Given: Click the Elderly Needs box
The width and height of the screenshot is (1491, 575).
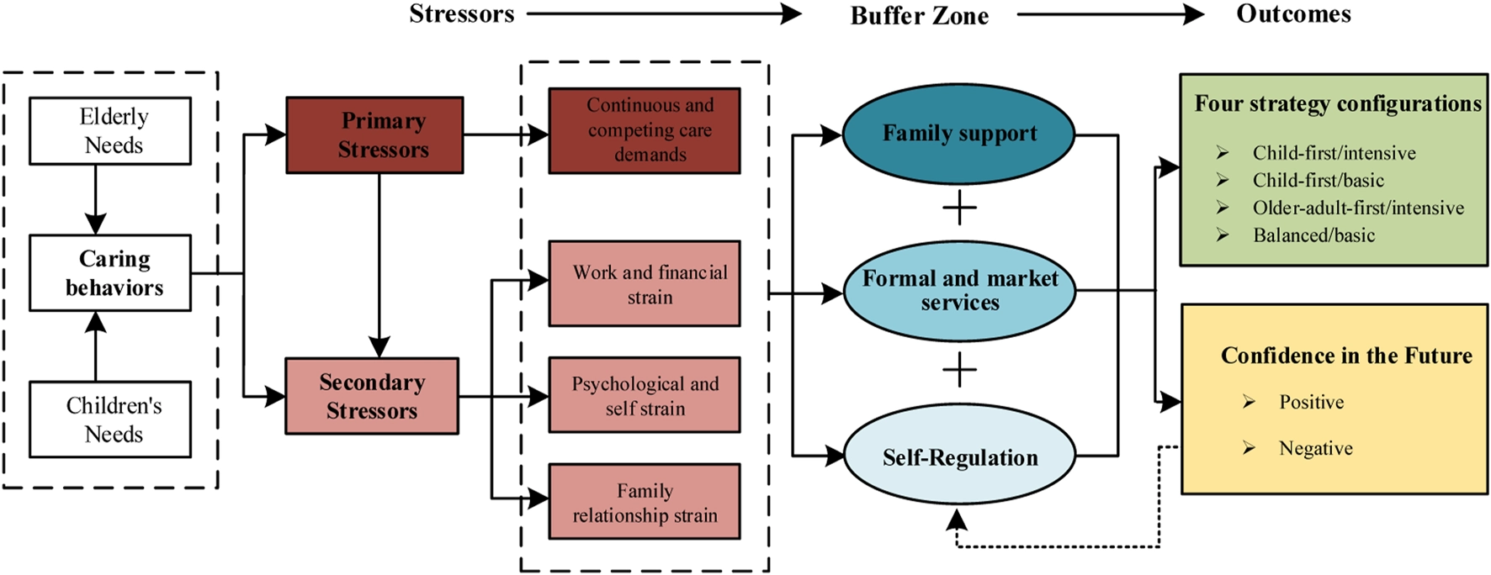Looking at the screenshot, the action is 110,130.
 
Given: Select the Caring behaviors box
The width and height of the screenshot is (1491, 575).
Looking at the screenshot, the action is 110,272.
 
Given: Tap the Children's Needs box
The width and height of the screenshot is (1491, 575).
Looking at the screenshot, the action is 110,419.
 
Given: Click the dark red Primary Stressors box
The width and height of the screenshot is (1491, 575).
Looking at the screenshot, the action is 374,135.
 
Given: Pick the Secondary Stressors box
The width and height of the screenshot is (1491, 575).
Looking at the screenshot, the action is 372,396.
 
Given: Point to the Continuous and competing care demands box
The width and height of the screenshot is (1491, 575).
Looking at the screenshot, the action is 645,130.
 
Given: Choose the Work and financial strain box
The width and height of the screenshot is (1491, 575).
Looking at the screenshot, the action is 645,283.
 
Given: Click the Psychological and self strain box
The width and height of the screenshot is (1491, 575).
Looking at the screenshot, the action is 645,395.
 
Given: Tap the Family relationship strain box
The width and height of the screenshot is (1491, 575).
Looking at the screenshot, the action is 645,501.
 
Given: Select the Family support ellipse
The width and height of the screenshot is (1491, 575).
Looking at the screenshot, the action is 959,134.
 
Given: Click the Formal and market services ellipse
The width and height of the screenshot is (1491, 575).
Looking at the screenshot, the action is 959,291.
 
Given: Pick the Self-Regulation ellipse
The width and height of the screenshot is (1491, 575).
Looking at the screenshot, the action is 959,456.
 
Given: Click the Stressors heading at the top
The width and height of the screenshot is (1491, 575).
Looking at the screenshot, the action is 462,14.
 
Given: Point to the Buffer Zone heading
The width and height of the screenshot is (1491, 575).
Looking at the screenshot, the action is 920,16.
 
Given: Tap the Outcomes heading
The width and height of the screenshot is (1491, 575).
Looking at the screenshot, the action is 1294,14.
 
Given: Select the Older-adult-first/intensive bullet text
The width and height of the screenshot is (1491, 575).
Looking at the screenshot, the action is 1358,208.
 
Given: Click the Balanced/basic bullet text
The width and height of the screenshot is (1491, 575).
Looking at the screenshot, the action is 1313,235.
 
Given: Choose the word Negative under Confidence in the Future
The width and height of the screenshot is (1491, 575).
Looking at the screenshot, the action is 1316,449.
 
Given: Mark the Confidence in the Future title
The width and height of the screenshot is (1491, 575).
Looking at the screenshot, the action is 1346,356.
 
